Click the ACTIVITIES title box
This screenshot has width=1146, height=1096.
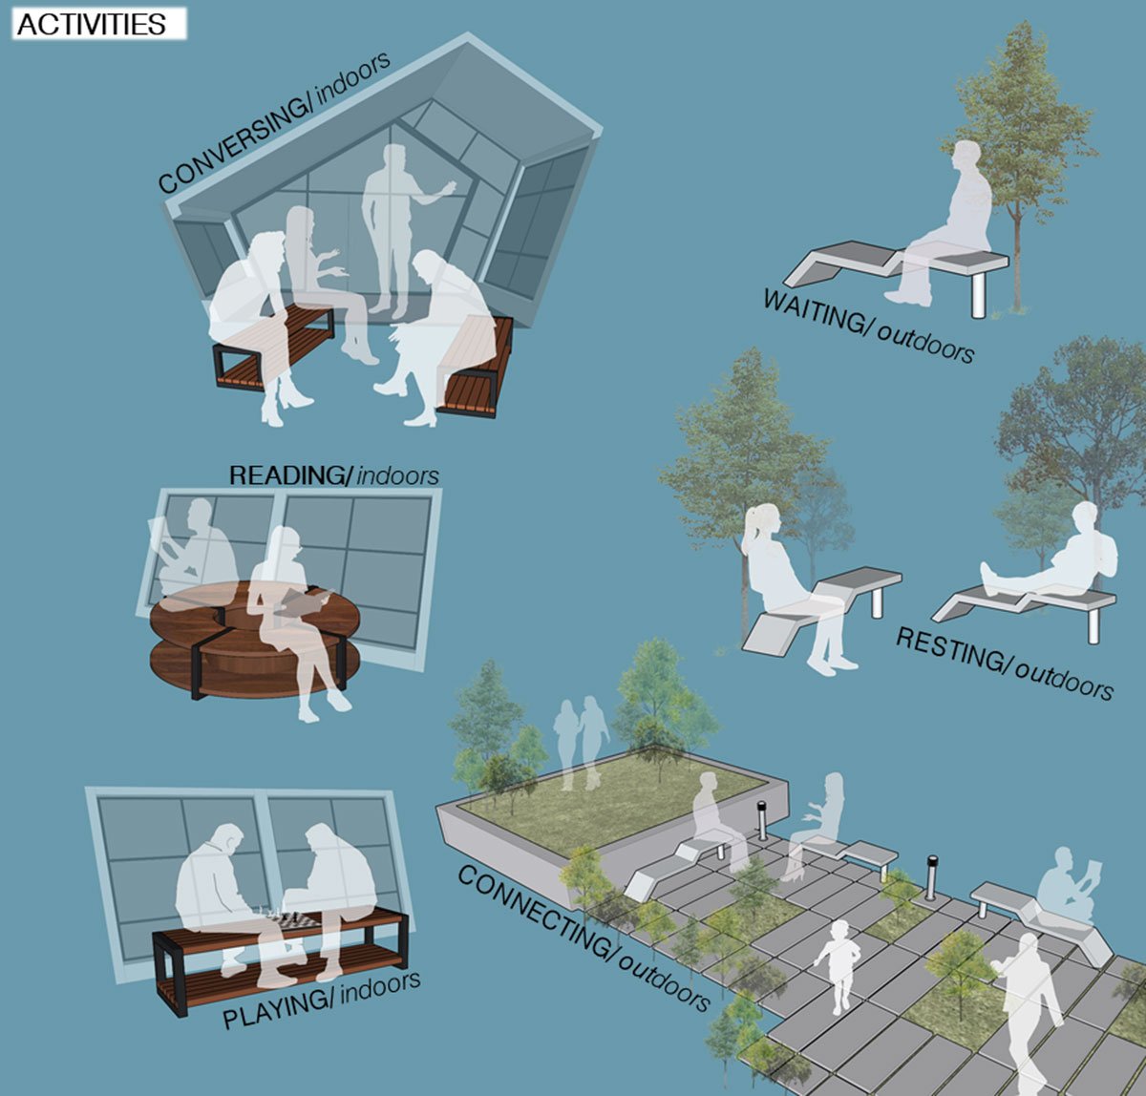coord(99,24)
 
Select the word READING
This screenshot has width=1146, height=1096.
coord(289,475)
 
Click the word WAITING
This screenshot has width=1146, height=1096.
coord(812,311)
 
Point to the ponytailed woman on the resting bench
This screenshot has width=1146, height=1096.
coord(795,589)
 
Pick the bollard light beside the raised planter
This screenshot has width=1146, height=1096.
coord(762,820)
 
